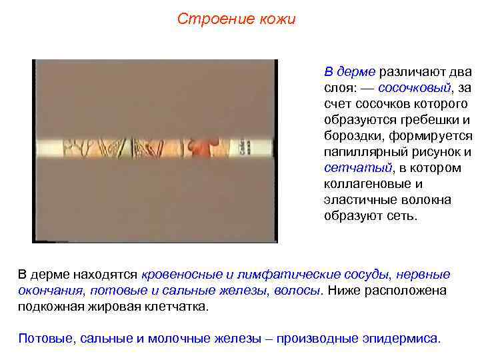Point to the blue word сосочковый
[414, 88]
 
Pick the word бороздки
[353, 136]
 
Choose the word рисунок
[435, 152]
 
